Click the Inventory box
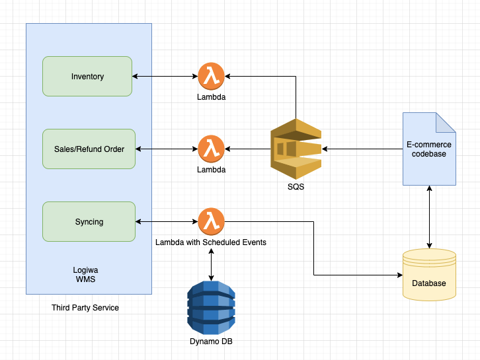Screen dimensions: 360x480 pos(88,76)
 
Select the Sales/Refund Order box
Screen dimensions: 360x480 pos(89,149)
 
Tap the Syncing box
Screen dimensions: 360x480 pos(89,221)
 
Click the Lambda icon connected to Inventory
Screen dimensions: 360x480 pos(211,77)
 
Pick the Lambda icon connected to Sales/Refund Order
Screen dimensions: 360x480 pos(211,149)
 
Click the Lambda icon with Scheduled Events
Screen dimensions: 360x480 pos(211,221)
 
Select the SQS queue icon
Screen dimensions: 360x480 pos(296,149)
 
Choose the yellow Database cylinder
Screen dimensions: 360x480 pos(430,274)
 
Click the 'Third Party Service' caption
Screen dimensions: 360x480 pos(85,308)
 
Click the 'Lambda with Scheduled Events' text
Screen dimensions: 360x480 pos(211,242)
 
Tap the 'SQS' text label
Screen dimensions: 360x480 pos(296,188)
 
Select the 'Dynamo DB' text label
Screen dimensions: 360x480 pos(211,342)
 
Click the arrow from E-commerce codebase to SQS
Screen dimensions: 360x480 pos(362,149)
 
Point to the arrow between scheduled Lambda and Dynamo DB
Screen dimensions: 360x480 pos(211,264)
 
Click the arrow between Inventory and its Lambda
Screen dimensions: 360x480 pos(165,77)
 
